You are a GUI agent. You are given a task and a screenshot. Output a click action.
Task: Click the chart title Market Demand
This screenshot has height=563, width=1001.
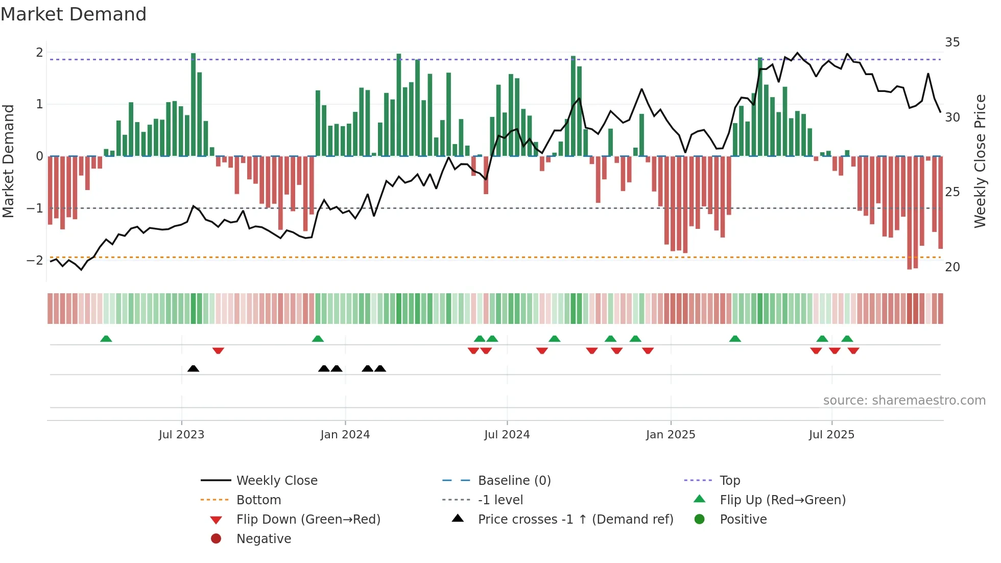pos(74,14)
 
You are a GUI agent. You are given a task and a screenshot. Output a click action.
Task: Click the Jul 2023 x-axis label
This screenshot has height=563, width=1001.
pos(181,435)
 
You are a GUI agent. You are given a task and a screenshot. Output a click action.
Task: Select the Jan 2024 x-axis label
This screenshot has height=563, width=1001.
pos(345,435)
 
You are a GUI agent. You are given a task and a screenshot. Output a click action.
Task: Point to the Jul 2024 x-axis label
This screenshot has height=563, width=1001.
pos(507,435)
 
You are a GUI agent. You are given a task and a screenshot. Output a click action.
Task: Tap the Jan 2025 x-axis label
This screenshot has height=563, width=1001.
pos(670,435)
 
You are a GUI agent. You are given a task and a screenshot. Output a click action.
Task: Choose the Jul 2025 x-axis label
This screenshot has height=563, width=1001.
pos(831,435)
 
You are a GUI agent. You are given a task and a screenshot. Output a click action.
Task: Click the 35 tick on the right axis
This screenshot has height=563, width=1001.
pos(952,42)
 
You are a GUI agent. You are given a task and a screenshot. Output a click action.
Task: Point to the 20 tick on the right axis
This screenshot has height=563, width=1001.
pos(952,267)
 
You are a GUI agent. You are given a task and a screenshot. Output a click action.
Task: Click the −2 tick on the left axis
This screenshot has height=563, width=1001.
pos(35,261)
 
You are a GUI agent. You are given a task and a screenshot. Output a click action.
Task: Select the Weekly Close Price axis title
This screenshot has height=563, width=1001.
pos(980,161)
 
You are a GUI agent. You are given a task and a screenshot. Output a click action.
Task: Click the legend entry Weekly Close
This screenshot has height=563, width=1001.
pos(276,481)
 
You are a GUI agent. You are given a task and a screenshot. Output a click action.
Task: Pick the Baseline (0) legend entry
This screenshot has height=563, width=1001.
pos(514,481)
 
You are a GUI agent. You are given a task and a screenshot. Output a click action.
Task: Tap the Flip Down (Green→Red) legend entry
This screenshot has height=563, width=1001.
pos(308,520)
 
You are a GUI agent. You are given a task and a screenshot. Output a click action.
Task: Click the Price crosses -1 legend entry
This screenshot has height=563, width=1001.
pos(575,520)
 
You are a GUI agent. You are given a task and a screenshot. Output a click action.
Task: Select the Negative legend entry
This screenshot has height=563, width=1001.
pos(264,539)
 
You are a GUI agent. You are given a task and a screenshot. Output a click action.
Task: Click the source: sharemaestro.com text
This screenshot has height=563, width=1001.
pos(904,401)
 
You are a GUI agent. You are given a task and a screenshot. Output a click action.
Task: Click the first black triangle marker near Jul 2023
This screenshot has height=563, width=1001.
pos(193,368)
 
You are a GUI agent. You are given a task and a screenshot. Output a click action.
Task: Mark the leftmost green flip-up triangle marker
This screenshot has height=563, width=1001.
pos(106,339)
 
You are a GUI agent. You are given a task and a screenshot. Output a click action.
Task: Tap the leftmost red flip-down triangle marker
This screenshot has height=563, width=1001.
pos(218,350)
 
